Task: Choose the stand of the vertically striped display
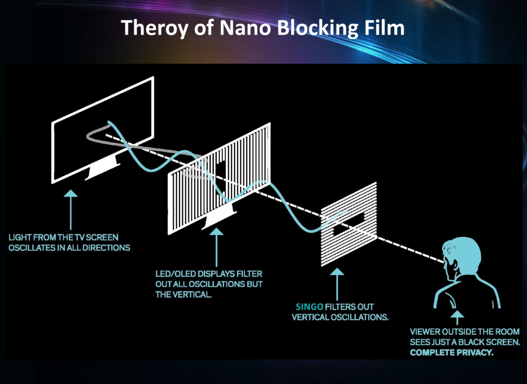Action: [219, 218]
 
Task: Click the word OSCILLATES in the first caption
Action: [31, 248]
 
